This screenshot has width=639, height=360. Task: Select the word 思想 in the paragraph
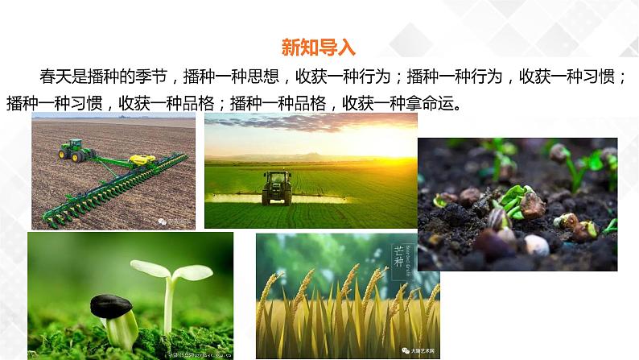[263, 77]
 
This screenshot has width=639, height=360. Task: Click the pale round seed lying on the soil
[537, 245]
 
